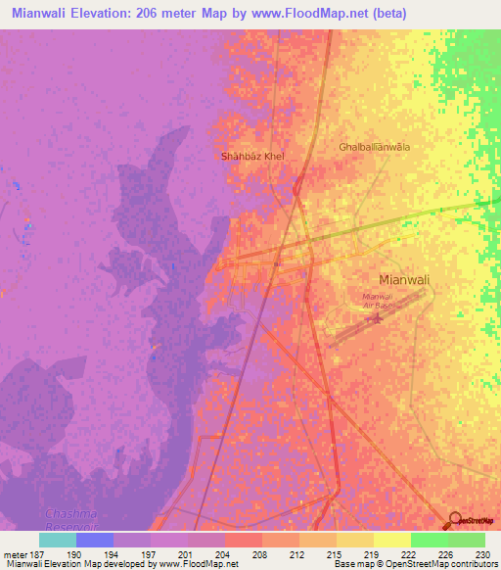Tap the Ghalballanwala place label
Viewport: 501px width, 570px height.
point(374,147)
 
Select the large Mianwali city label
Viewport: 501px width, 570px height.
point(404,279)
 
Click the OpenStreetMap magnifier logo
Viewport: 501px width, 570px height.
point(454,520)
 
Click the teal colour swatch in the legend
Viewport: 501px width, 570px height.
point(58,540)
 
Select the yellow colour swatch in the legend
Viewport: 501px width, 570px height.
point(392,540)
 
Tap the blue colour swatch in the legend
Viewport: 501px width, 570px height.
point(95,540)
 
